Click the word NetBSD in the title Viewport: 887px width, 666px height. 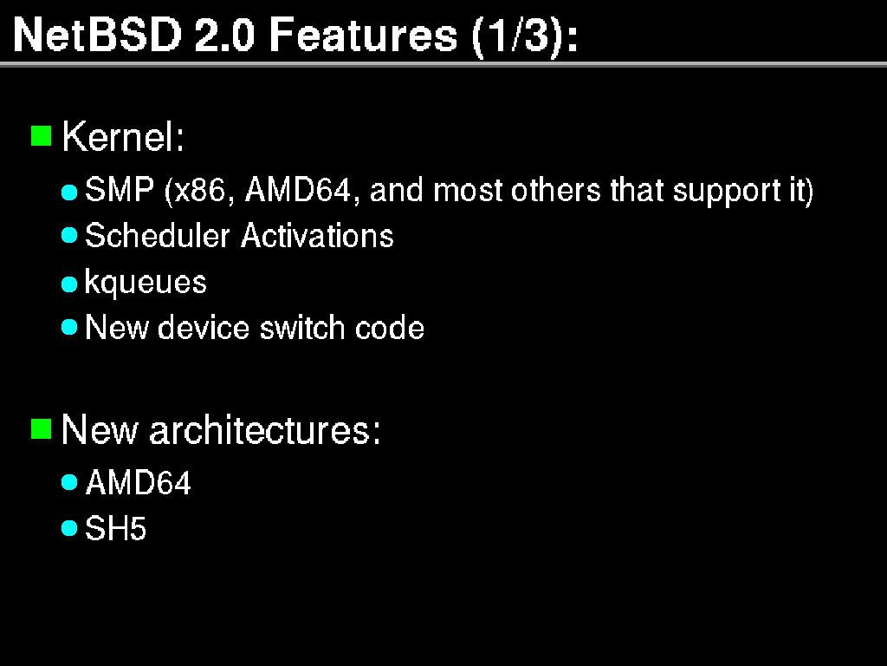coord(97,35)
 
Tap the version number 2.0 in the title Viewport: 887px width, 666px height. coord(224,35)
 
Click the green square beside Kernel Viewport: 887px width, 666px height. coord(41,136)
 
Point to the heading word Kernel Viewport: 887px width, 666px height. coord(123,136)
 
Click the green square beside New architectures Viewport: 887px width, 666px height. coord(41,428)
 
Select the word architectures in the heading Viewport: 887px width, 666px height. coord(265,429)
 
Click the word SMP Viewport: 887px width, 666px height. coord(120,189)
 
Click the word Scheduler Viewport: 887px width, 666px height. coord(158,235)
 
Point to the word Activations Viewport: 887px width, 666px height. coord(317,235)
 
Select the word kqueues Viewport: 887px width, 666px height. coord(146,283)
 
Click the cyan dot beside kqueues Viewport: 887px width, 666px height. coord(69,284)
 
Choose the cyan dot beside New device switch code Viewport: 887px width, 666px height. coord(69,327)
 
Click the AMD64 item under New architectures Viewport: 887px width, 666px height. coord(138,482)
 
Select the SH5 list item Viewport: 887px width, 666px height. coord(115,528)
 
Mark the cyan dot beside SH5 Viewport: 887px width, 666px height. coord(69,528)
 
